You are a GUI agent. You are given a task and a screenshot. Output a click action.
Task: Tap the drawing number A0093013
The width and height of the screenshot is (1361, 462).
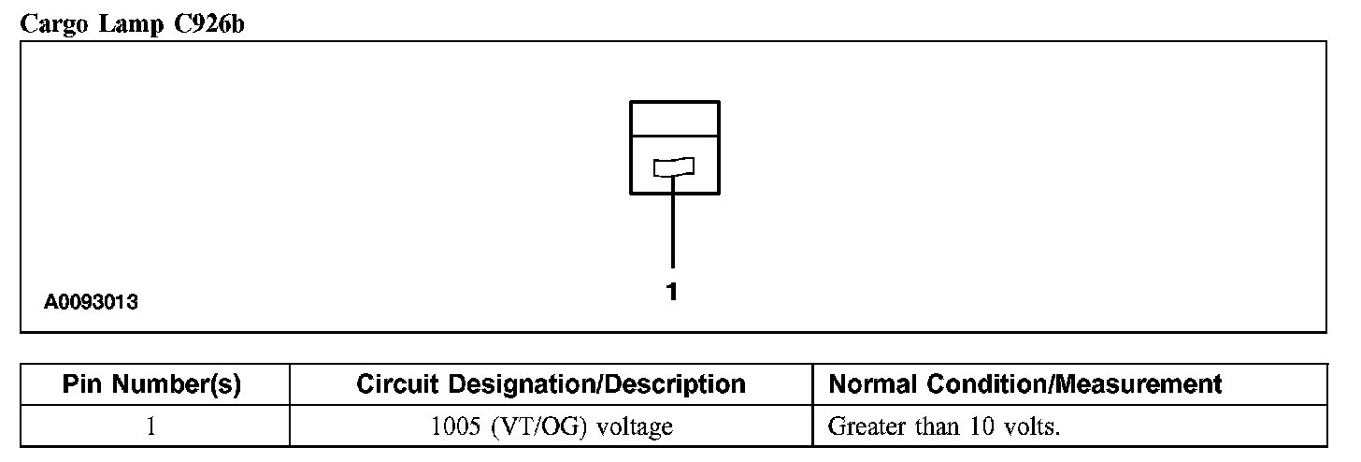click(x=92, y=302)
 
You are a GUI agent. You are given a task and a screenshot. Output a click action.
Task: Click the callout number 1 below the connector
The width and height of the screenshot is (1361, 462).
click(x=672, y=292)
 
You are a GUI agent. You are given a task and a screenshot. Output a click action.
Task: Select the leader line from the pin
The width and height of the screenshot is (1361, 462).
click(x=672, y=224)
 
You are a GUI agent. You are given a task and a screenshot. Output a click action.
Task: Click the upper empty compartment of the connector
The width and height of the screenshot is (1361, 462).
click(x=675, y=119)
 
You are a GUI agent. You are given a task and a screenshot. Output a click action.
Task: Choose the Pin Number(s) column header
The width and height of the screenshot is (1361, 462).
click(x=151, y=384)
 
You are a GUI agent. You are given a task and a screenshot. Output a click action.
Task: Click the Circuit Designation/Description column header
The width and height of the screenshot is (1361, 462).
click(x=552, y=384)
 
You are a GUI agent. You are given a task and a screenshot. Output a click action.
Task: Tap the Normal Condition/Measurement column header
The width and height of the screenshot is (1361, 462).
click(x=1025, y=384)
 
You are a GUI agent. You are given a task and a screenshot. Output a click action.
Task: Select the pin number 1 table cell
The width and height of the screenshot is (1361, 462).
click(x=151, y=427)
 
